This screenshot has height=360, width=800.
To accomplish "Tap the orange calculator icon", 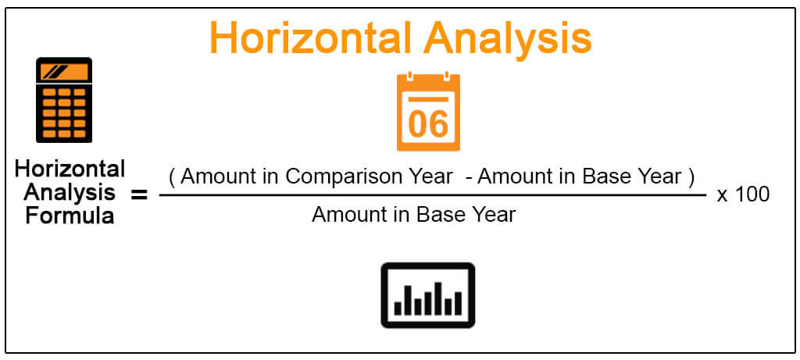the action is tap(64, 100).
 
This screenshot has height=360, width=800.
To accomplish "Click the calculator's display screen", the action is tap(64, 72).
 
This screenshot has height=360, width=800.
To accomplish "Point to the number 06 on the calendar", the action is tap(429, 124).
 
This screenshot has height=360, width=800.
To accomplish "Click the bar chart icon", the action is tap(428, 295).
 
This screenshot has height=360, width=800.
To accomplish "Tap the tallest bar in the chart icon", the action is tap(437, 298).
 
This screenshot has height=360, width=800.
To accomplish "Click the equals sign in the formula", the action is tap(139, 194).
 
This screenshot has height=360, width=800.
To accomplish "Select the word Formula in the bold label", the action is tap(70, 216).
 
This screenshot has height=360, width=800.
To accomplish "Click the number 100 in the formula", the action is tap(752, 194).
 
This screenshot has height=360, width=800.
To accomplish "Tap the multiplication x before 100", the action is tap(722, 196).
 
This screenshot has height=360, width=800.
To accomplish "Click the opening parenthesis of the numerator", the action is tap(172, 177).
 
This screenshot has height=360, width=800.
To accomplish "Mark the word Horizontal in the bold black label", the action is tap(70, 168).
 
